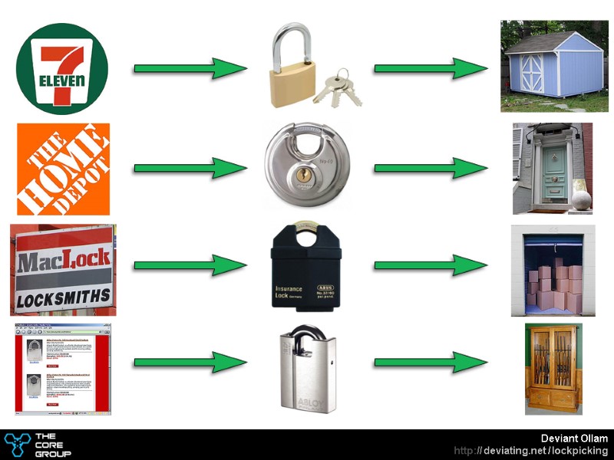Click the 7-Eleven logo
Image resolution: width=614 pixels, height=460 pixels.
tap(62, 69)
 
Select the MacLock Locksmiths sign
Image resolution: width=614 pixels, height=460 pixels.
tap(63, 269)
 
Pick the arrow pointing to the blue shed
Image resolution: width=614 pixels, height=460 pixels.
tap(431, 68)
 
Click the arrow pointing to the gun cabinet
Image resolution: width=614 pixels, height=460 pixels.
tap(431, 363)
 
